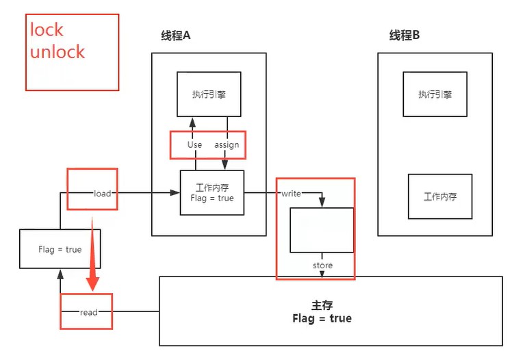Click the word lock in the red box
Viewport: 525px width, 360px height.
(47, 29)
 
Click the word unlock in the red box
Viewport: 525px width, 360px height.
(57, 52)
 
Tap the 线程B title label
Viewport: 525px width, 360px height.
(405, 36)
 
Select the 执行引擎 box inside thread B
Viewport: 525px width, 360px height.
(435, 94)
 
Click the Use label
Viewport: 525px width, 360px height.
(194, 145)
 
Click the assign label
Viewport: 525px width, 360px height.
(227, 145)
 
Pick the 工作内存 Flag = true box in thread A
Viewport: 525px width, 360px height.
(212, 193)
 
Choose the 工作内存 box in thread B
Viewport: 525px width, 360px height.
(439, 196)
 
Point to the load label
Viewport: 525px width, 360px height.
(103, 194)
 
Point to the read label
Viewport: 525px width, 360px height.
(89, 312)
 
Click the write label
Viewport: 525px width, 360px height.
(291, 194)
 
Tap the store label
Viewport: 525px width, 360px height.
(322, 266)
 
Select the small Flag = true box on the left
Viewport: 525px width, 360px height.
(60, 249)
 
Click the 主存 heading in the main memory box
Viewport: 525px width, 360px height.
(322, 305)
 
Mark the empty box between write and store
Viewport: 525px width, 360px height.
(322, 230)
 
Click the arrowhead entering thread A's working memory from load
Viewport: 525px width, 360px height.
(175, 194)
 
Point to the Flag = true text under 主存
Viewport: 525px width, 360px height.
(322, 319)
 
